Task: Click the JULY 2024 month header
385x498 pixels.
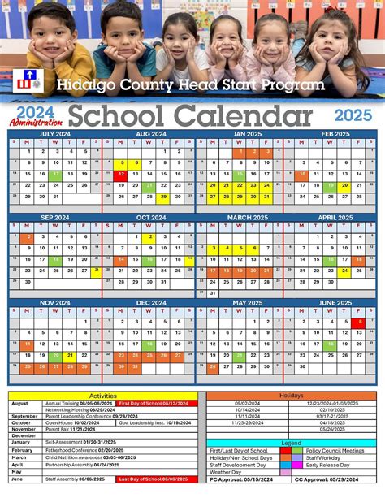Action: point(55,132)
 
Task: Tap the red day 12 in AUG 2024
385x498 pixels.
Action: point(121,174)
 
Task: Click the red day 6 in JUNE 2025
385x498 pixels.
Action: point(359,322)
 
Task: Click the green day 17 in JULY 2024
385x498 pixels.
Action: point(55,174)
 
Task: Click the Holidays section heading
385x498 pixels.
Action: point(292,396)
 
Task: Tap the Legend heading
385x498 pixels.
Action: point(292,441)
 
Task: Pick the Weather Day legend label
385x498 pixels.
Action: point(227,472)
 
